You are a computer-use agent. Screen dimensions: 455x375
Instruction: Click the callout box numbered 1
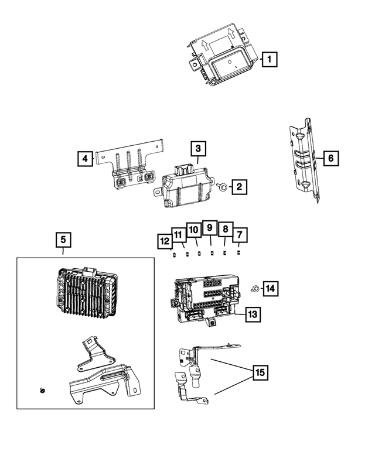coord(269,59)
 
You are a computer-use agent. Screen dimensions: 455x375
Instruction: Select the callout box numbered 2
coord(239,187)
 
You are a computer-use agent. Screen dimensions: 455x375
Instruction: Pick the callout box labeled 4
coord(85,158)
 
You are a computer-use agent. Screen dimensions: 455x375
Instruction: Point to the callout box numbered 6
coord(330,158)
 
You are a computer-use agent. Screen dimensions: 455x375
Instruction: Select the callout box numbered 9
coord(209,227)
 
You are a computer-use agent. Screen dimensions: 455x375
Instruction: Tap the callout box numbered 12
coord(165,240)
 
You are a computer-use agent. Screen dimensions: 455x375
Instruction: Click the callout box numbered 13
coord(252,314)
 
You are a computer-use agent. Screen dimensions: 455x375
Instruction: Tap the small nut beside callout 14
coord(255,289)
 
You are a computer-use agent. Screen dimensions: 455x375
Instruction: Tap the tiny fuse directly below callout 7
coord(238,253)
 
